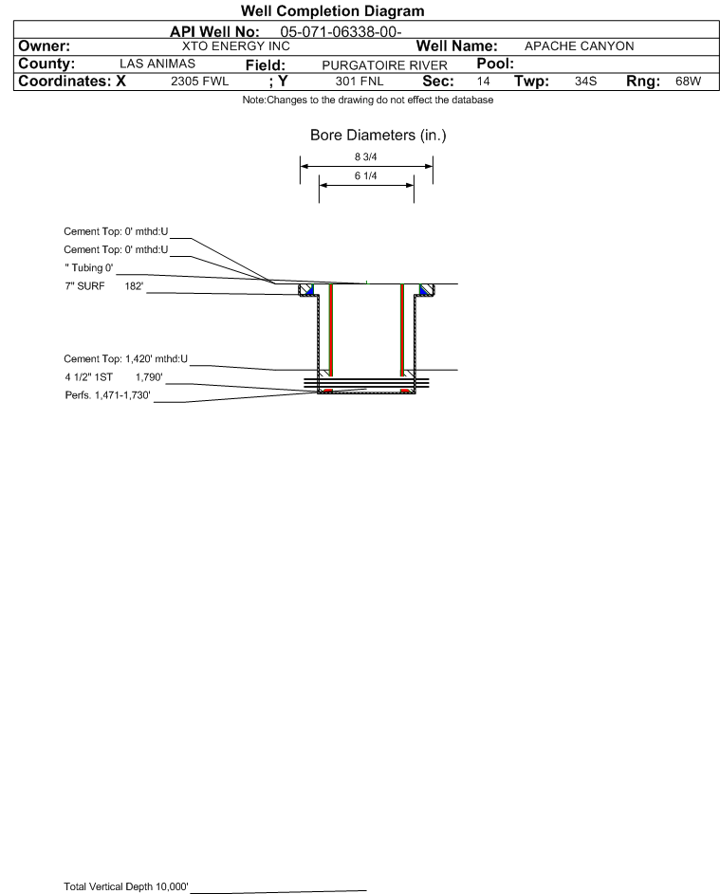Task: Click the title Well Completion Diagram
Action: (333, 10)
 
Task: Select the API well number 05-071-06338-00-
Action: (341, 32)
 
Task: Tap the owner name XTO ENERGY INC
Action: (235, 46)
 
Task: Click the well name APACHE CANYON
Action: (579, 46)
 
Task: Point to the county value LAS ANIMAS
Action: (157, 64)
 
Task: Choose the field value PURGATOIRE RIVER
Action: (384, 65)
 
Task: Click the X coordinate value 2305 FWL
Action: (199, 82)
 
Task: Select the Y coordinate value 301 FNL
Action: (360, 82)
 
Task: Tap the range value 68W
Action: (688, 81)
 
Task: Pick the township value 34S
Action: (586, 81)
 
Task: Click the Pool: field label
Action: (495, 64)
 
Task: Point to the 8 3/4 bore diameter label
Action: (366, 156)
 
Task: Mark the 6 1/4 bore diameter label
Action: (366, 175)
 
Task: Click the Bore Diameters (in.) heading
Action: (378, 136)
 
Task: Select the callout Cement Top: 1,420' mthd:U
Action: (125, 359)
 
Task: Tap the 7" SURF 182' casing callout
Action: (103, 286)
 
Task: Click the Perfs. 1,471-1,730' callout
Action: (108, 395)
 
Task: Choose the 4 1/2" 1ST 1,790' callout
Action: (114, 377)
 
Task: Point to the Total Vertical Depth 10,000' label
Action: (126, 886)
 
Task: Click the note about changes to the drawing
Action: (368, 100)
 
